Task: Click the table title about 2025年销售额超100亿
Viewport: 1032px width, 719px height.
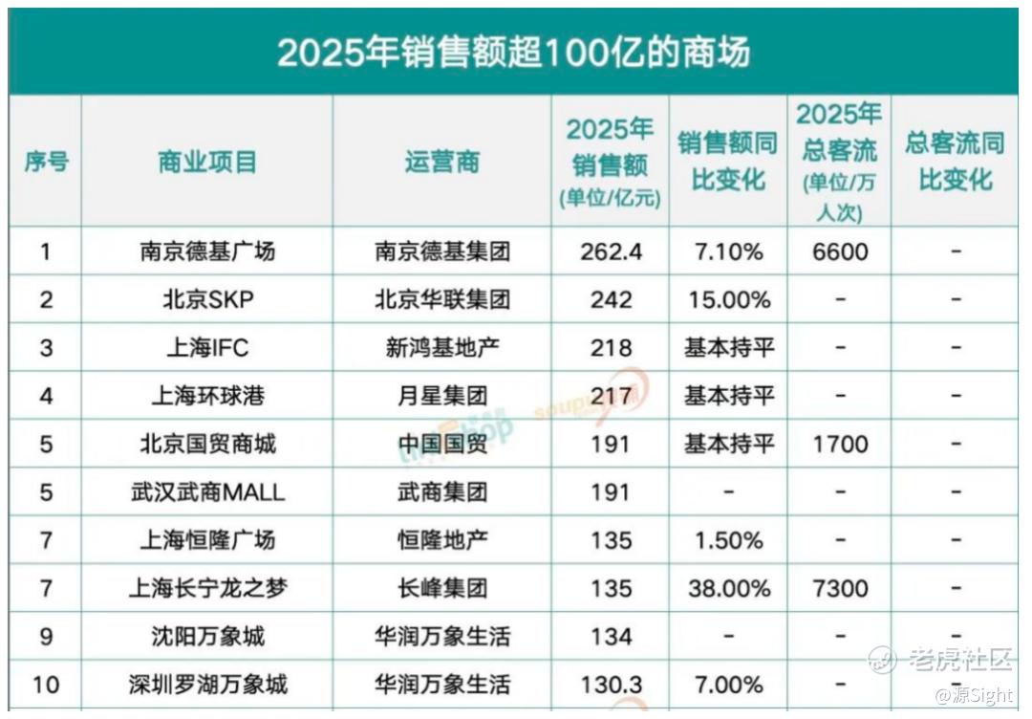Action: point(513,52)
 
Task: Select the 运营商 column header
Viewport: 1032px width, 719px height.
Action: point(442,162)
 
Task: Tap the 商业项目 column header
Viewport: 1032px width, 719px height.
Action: point(207,162)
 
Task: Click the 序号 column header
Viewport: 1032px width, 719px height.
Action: point(46,162)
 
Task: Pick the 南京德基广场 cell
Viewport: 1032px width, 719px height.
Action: point(207,251)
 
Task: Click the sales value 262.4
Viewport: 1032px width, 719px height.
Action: point(611,251)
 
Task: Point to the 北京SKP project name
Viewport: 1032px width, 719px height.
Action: point(208,299)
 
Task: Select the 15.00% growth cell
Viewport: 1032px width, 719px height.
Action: point(729,299)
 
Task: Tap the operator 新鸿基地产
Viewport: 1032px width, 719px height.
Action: point(442,348)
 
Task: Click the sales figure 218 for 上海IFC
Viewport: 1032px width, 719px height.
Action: point(611,348)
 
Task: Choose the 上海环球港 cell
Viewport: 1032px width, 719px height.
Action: point(207,396)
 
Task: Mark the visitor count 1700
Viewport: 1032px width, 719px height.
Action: point(841,444)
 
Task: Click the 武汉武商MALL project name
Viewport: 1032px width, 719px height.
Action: point(207,491)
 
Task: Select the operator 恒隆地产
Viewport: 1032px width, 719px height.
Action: point(442,540)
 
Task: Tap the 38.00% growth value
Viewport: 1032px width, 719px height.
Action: point(729,588)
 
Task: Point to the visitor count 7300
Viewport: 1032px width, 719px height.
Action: point(841,588)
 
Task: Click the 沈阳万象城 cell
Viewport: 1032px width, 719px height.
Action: point(207,636)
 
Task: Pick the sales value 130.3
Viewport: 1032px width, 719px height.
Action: point(611,685)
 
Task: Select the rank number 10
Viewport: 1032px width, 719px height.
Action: point(46,685)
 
